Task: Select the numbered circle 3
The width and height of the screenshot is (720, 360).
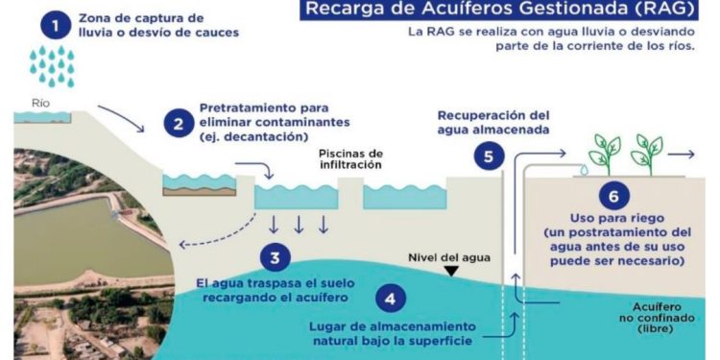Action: pos(275,256)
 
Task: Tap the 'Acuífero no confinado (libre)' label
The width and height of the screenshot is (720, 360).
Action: pos(644,314)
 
